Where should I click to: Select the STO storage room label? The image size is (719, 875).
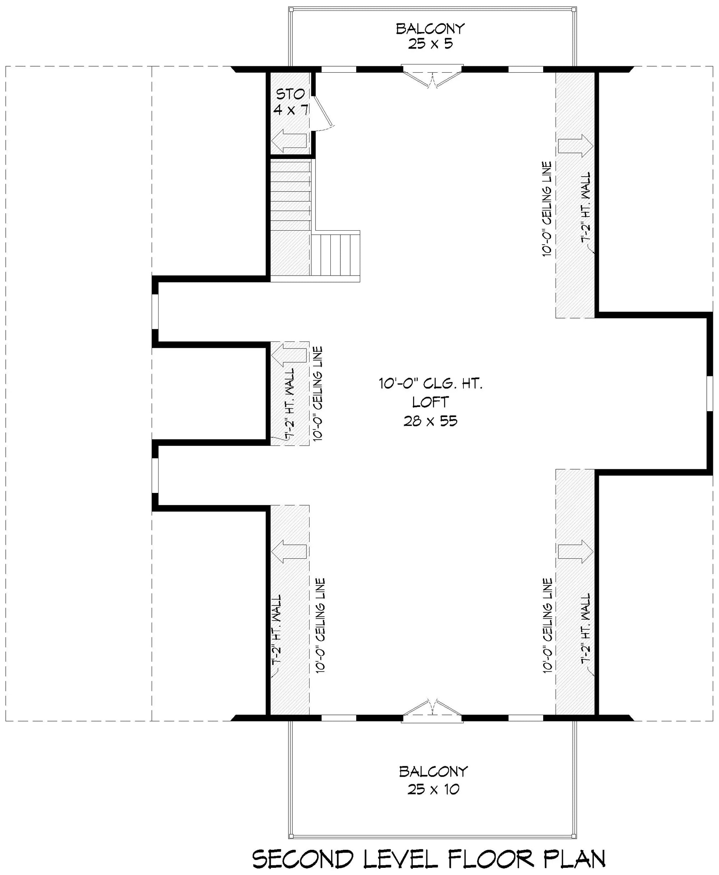(290, 95)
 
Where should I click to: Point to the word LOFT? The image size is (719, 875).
(430, 402)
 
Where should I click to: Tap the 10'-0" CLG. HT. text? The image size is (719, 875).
(431, 384)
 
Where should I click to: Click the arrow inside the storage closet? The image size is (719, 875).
(289, 141)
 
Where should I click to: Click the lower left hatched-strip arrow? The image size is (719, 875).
(289, 552)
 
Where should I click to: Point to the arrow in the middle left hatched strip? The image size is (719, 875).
(289, 355)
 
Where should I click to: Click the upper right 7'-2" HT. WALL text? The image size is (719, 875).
(586, 207)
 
